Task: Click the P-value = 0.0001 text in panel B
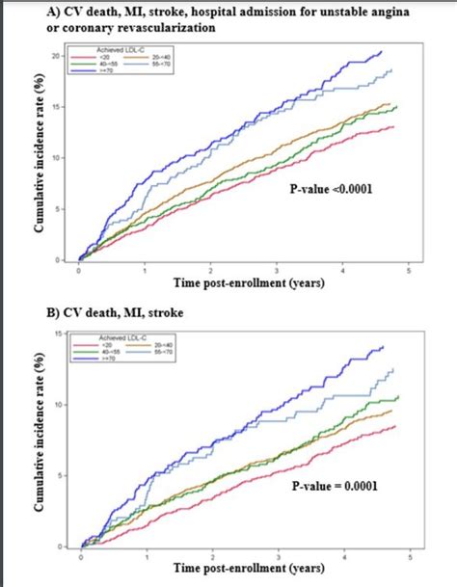334,486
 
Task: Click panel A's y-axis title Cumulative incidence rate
43,161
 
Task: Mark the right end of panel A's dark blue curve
382,51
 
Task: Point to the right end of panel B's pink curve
395,426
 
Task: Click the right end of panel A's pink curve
394,127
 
